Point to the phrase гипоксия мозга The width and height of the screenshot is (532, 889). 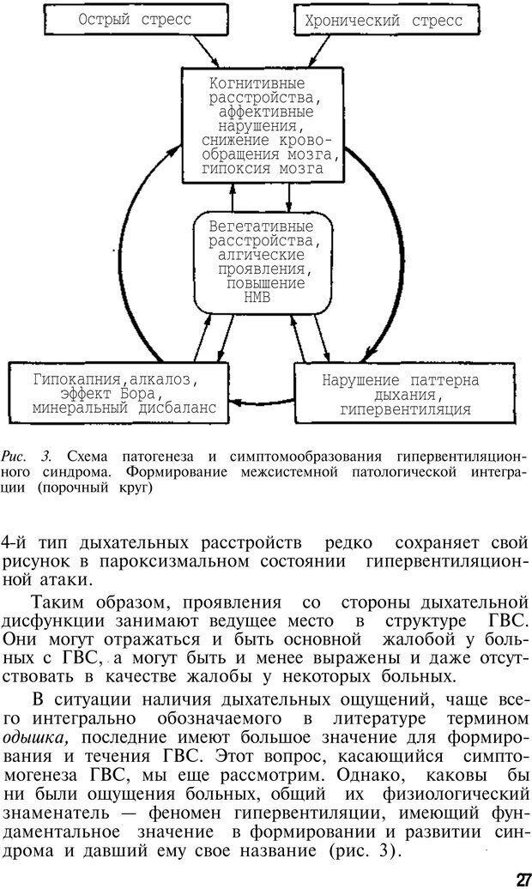pos(263,169)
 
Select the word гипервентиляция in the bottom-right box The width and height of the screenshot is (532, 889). pos(405,409)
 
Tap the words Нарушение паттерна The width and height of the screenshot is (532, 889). pos(402,379)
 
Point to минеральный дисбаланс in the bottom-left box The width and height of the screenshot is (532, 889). pos(124,408)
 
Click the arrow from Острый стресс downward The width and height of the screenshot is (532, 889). pos(203,51)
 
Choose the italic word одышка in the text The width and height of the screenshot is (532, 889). pos(29,737)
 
